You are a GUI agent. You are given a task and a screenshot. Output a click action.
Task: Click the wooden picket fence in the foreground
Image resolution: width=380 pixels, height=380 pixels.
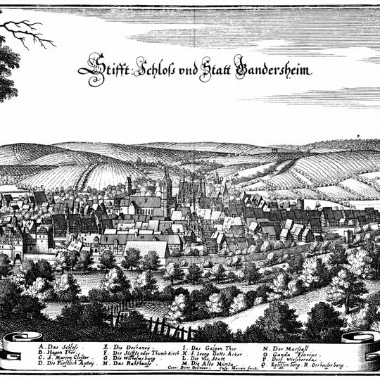(165, 328)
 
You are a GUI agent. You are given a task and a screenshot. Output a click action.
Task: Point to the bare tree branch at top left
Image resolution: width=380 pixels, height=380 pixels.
(32, 32)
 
